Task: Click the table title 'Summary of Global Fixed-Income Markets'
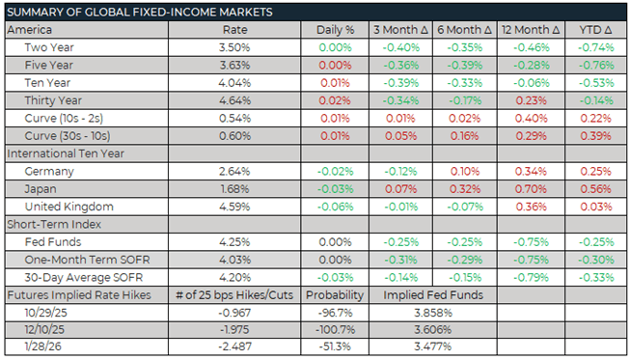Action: (139, 12)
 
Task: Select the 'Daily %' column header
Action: (335, 29)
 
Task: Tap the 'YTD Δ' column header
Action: (594, 29)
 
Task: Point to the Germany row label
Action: (49, 171)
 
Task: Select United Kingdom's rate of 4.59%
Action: (235, 207)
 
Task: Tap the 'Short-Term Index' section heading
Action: (51, 224)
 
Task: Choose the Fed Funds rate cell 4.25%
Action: (235, 241)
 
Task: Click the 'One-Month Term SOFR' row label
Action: (85, 259)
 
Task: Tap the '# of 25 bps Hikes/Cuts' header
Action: (235, 293)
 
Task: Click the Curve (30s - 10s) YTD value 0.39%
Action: (594, 135)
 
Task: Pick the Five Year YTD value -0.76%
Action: (594, 64)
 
